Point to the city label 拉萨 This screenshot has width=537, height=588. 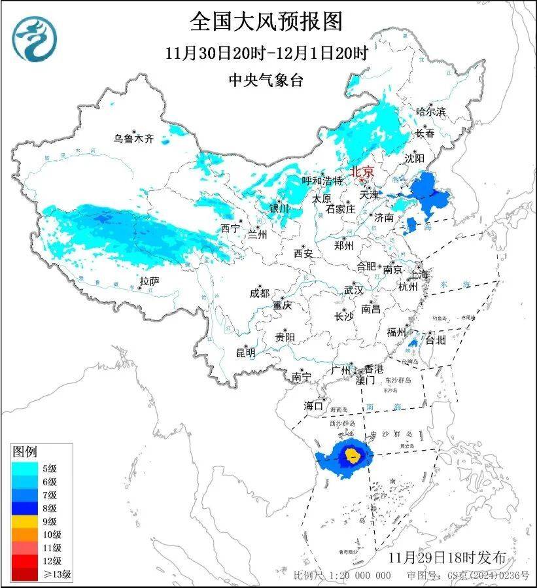tap(150, 281)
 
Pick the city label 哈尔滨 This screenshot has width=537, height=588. tap(430, 112)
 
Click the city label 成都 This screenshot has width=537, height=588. tap(259, 294)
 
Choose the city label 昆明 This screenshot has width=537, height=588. tap(245, 353)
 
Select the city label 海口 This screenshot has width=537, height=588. tap(314, 406)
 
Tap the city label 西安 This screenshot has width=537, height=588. tap(303, 252)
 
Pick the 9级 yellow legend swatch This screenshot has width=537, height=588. tap(24, 521)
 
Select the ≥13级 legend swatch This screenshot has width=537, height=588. tap(24, 575)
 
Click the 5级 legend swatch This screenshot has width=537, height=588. tap(24, 468)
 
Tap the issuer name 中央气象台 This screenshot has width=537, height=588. tap(266, 80)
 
